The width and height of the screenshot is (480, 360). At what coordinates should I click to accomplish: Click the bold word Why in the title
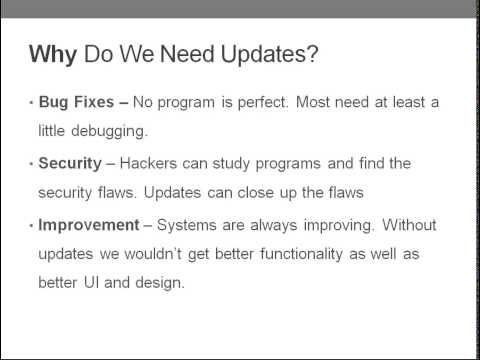(53, 54)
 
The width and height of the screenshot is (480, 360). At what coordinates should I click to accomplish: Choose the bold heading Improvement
(90, 224)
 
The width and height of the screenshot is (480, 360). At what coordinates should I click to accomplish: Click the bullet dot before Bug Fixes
(29, 103)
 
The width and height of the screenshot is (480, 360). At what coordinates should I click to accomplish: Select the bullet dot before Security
(29, 164)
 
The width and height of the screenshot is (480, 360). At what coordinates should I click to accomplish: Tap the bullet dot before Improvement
(29, 225)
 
